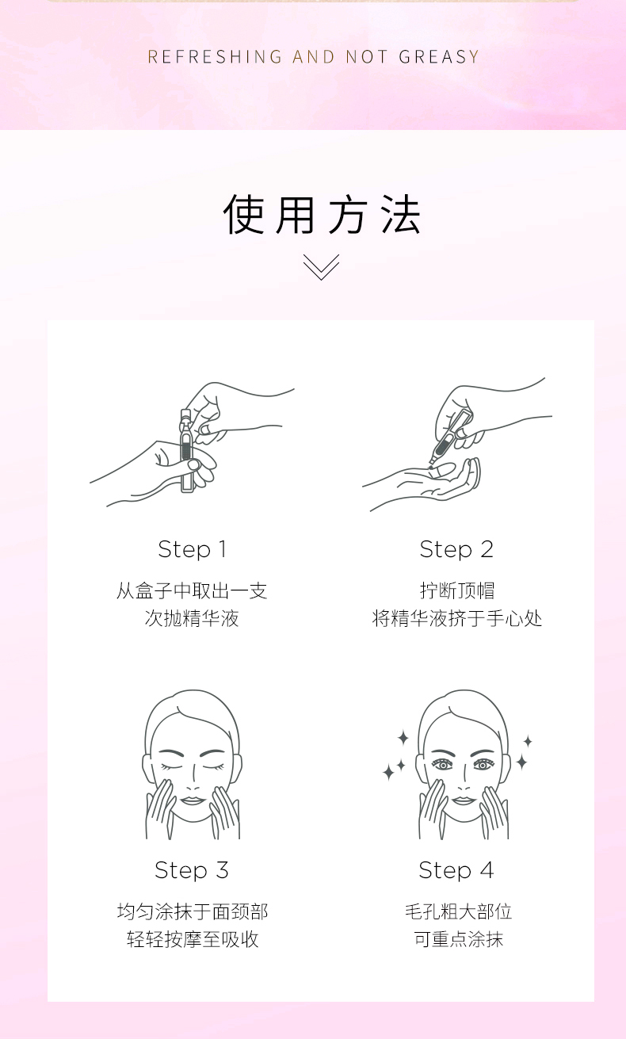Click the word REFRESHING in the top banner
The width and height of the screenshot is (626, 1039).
point(215,56)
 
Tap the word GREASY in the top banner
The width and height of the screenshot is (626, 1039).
point(439,56)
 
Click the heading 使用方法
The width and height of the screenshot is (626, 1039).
point(323,214)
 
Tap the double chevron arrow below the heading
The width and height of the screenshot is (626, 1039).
point(322,267)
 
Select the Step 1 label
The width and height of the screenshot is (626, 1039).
point(192,550)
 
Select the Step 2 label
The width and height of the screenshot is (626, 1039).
point(456,550)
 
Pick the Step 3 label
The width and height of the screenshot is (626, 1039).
point(192,871)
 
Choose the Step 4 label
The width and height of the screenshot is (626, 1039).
point(456,871)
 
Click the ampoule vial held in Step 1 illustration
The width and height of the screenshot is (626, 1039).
point(186,450)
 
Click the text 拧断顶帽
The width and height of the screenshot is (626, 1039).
point(457,591)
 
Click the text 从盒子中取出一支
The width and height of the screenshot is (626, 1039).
point(192,591)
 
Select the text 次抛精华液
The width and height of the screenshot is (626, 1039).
point(192,618)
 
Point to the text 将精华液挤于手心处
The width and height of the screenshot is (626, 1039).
point(457,618)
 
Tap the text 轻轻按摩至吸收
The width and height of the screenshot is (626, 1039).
point(193,939)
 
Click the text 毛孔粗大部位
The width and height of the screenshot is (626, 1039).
point(458,912)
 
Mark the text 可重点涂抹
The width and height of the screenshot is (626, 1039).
point(459,939)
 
